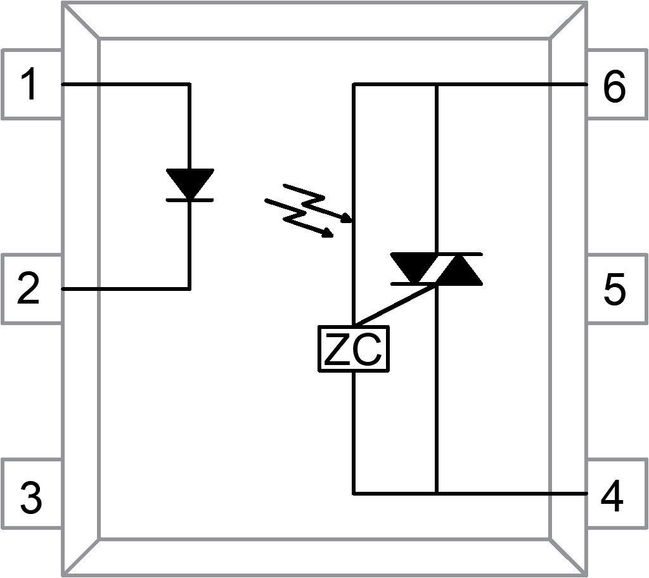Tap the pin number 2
tap(29, 290)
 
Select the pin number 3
tap(30, 497)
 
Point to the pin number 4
tap(612, 497)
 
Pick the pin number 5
tap(614, 290)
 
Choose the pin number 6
tap(614, 87)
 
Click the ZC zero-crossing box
tap(353, 349)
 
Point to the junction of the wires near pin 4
tap(437, 492)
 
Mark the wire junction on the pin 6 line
tap(437, 84)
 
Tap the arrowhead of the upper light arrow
tap(347, 220)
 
